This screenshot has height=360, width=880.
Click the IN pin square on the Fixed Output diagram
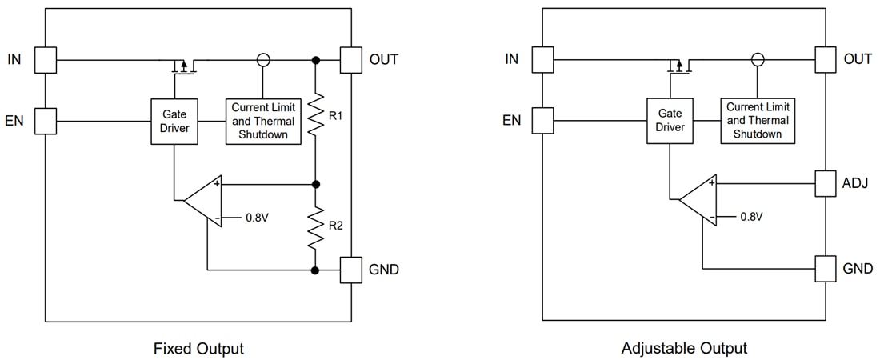pyautogui.click(x=46, y=60)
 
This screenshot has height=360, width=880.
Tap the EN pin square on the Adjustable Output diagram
pyautogui.click(x=542, y=121)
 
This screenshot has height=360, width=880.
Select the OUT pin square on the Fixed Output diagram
pyautogui.click(x=351, y=60)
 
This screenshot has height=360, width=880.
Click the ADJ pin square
pyautogui.click(x=826, y=183)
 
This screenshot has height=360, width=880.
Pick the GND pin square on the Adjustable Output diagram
pyautogui.click(x=826, y=269)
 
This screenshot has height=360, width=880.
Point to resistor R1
pyautogui.click(x=316, y=117)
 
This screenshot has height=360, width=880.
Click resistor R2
pyautogui.click(x=316, y=227)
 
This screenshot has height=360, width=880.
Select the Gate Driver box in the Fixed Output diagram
pyautogui.click(x=174, y=122)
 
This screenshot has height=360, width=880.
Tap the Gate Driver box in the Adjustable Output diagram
pyautogui.click(x=670, y=121)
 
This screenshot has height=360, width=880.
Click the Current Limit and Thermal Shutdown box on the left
pyautogui.click(x=264, y=122)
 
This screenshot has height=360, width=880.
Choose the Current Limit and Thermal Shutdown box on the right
pyautogui.click(x=758, y=121)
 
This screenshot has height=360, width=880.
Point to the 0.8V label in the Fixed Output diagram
pyautogui.click(x=258, y=217)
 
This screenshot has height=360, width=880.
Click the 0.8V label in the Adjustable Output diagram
pyautogui.click(x=751, y=217)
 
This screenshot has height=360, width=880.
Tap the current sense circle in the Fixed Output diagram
pyautogui.click(x=262, y=60)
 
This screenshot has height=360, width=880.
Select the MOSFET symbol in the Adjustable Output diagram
pyautogui.click(x=679, y=65)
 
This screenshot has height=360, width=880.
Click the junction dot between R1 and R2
pyautogui.click(x=316, y=184)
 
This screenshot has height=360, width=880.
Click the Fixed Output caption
pyautogui.click(x=198, y=349)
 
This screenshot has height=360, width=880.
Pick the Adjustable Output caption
pyautogui.click(x=684, y=349)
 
